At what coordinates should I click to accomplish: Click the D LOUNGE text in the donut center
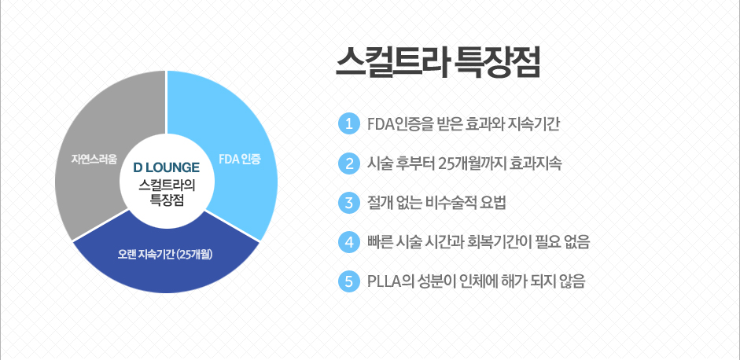click(166, 167)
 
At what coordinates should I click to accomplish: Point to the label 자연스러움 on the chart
click(94, 159)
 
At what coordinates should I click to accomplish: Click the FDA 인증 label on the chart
click(239, 160)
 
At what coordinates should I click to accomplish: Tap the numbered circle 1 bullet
click(349, 124)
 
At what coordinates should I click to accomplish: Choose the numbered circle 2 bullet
click(349, 163)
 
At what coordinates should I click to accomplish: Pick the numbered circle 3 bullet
click(349, 204)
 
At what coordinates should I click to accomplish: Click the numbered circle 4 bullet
click(349, 243)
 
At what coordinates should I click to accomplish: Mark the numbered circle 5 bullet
click(349, 281)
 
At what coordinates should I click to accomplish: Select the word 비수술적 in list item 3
click(453, 204)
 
